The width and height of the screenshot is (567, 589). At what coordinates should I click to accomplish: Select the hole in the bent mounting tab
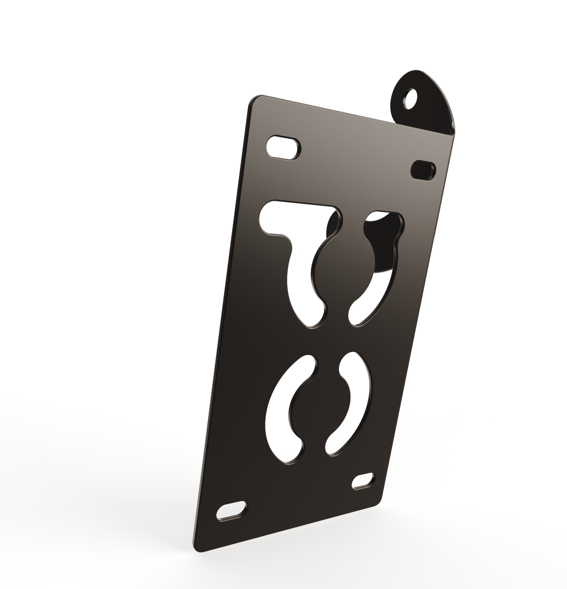pyautogui.click(x=411, y=99)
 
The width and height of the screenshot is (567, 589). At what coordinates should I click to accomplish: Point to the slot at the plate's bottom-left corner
pyautogui.click(x=232, y=511)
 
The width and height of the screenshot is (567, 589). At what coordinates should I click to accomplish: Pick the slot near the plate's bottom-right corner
pyautogui.click(x=363, y=480)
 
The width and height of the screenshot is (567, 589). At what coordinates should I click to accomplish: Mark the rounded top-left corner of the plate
pyautogui.click(x=255, y=102)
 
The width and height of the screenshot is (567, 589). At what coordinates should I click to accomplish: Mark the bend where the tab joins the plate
pyautogui.click(x=424, y=128)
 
